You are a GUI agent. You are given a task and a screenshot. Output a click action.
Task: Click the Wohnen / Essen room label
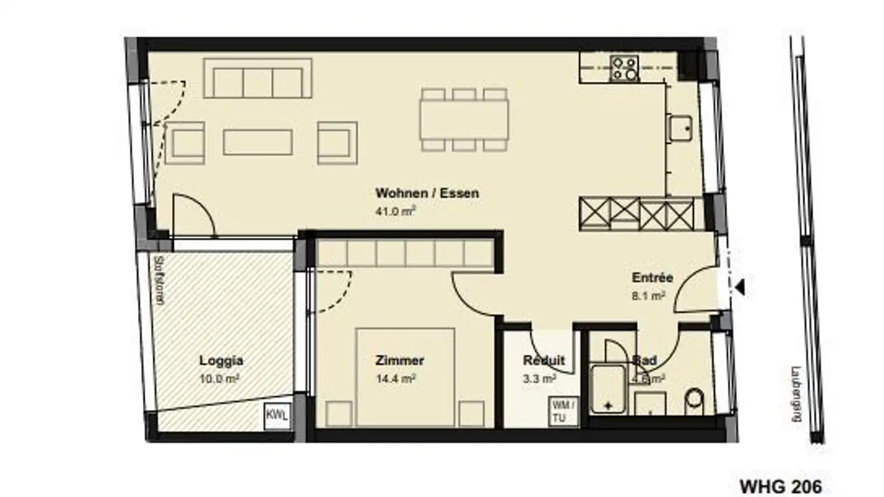(427, 193)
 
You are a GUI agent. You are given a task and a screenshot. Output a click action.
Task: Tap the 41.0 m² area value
(396, 212)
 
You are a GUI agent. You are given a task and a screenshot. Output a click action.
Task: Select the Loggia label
(221, 361)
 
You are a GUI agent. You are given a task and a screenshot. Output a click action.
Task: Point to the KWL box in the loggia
(277, 415)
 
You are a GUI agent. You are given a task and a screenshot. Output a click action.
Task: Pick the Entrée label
(652, 277)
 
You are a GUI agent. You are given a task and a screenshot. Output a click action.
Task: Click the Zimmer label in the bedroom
(400, 361)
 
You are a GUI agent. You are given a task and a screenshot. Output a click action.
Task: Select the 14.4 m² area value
(396, 379)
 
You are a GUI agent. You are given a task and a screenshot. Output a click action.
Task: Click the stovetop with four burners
(624, 68)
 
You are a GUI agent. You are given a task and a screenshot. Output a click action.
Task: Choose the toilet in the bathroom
(696, 399)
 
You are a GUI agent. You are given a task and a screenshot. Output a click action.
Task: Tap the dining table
(464, 119)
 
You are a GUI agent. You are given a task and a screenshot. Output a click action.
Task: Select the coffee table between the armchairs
(258, 142)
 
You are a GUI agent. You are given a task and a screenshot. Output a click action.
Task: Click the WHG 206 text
(780, 487)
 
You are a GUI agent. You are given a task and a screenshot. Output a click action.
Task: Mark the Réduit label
(543, 361)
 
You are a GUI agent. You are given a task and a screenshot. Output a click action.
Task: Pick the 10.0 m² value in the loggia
(219, 379)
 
